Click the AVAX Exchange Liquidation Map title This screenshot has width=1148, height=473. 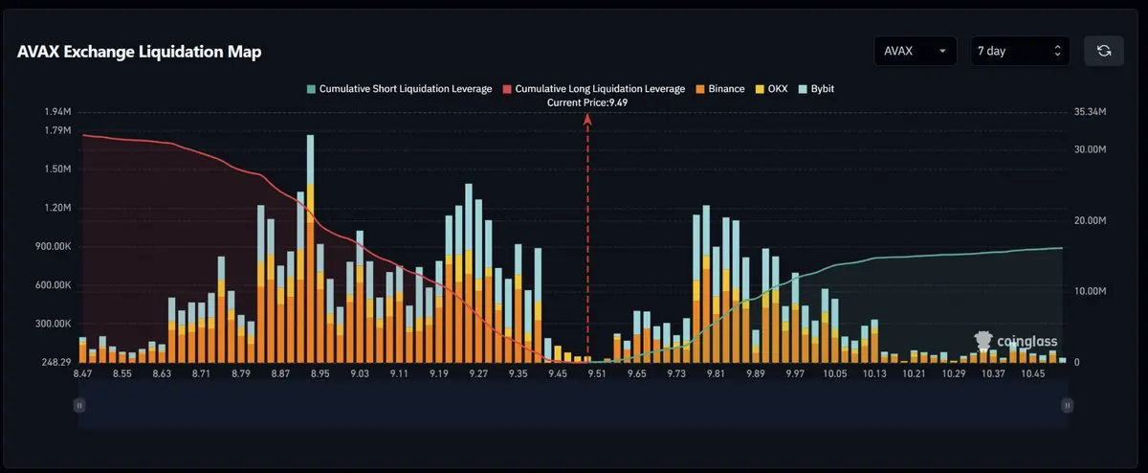pyautogui.click(x=140, y=52)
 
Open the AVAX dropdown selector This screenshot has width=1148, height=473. pyautogui.click(x=916, y=51)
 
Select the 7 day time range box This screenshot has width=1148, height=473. pyautogui.click(x=1020, y=51)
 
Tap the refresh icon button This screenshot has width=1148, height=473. pyautogui.click(x=1104, y=51)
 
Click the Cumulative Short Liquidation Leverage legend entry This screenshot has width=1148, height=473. pyautogui.click(x=399, y=89)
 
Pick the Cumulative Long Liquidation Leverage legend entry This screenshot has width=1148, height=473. pyautogui.click(x=593, y=89)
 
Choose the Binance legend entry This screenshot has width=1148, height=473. pyautogui.click(x=720, y=89)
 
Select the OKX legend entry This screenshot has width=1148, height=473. pyautogui.click(x=771, y=89)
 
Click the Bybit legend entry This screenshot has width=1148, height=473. pyautogui.click(x=816, y=89)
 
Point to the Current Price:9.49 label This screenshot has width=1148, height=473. pyautogui.click(x=587, y=102)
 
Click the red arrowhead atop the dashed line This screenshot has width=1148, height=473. pyautogui.click(x=587, y=119)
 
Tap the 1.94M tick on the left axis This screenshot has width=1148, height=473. pyautogui.click(x=57, y=112)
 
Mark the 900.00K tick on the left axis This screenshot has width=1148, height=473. pyautogui.click(x=54, y=247)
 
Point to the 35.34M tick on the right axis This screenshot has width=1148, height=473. pyautogui.click(x=1090, y=112)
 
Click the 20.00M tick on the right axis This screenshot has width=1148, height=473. pyautogui.click(x=1090, y=220)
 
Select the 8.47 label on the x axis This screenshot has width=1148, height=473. pyautogui.click(x=82, y=373)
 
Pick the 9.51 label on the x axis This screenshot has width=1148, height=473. pyautogui.click(x=597, y=373)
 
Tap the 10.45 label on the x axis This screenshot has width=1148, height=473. pyautogui.click(x=1032, y=373)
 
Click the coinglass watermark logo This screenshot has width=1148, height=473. pyautogui.click(x=1016, y=341)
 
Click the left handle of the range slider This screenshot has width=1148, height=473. pyautogui.click(x=78, y=406)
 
